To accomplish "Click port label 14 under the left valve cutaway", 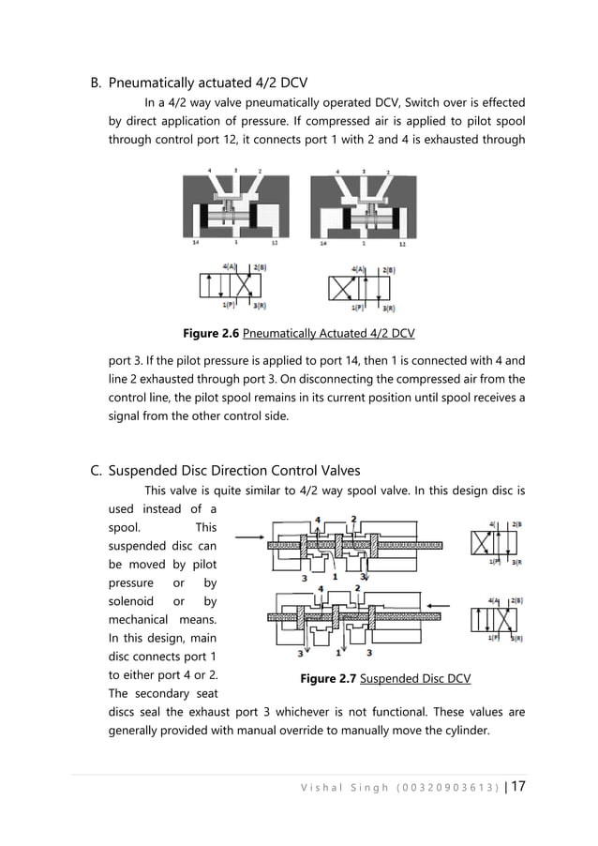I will tap(195, 242).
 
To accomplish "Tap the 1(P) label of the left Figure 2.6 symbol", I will tap(229, 306).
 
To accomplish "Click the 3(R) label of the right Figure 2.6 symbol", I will tap(386, 307).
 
